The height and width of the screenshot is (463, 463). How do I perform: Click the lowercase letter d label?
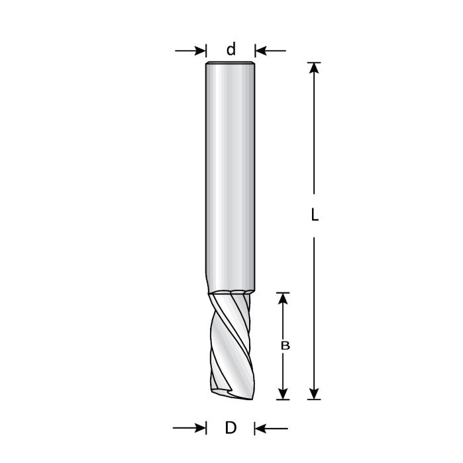pyautogui.click(x=231, y=50)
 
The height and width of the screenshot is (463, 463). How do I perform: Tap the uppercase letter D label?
pyautogui.click(x=231, y=428)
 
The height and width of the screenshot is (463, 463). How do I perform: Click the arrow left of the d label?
pyautogui.click(x=191, y=50)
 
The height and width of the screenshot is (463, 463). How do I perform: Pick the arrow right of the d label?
pyautogui.click(x=270, y=50)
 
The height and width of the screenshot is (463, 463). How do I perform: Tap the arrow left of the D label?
pyautogui.click(x=190, y=429)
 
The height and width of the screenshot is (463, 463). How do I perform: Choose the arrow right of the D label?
pyautogui.click(x=271, y=429)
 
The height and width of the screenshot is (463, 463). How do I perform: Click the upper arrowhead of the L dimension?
pyautogui.click(x=315, y=71)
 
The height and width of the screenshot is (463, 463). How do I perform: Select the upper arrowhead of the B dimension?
pyautogui.click(x=283, y=300)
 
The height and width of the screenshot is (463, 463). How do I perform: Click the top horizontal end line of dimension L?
pyautogui.click(x=315, y=63)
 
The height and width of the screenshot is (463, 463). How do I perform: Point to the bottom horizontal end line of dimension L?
pyautogui.click(x=315, y=400)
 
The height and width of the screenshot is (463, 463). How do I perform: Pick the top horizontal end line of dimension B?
pyautogui.click(x=283, y=293)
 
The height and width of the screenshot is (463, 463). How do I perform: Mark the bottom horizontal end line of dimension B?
pyautogui.click(x=283, y=400)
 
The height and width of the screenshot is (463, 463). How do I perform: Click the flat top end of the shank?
pyautogui.click(x=230, y=63)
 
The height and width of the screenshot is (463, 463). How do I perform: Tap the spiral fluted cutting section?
pyautogui.click(x=230, y=344)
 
